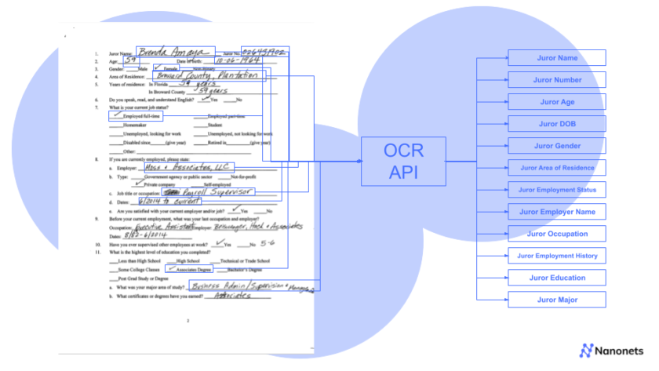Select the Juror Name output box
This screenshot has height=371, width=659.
click(557, 58)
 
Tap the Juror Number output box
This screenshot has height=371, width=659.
click(557, 80)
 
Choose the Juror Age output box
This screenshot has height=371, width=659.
click(557, 102)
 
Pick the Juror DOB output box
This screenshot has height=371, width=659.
click(557, 124)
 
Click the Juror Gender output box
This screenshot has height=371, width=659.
click(557, 146)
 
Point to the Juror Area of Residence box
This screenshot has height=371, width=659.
click(557, 168)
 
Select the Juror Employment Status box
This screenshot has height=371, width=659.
click(557, 190)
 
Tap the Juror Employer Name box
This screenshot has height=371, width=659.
click(557, 212)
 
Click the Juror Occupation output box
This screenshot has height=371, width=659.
click(557, 234)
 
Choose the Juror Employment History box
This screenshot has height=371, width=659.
click(557, 256)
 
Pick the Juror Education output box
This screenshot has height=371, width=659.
click(557, 278)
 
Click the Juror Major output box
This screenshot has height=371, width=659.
click(557, 300)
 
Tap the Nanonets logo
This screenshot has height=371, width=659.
click(611, 351)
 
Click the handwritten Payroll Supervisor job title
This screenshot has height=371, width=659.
click(208, 192)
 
